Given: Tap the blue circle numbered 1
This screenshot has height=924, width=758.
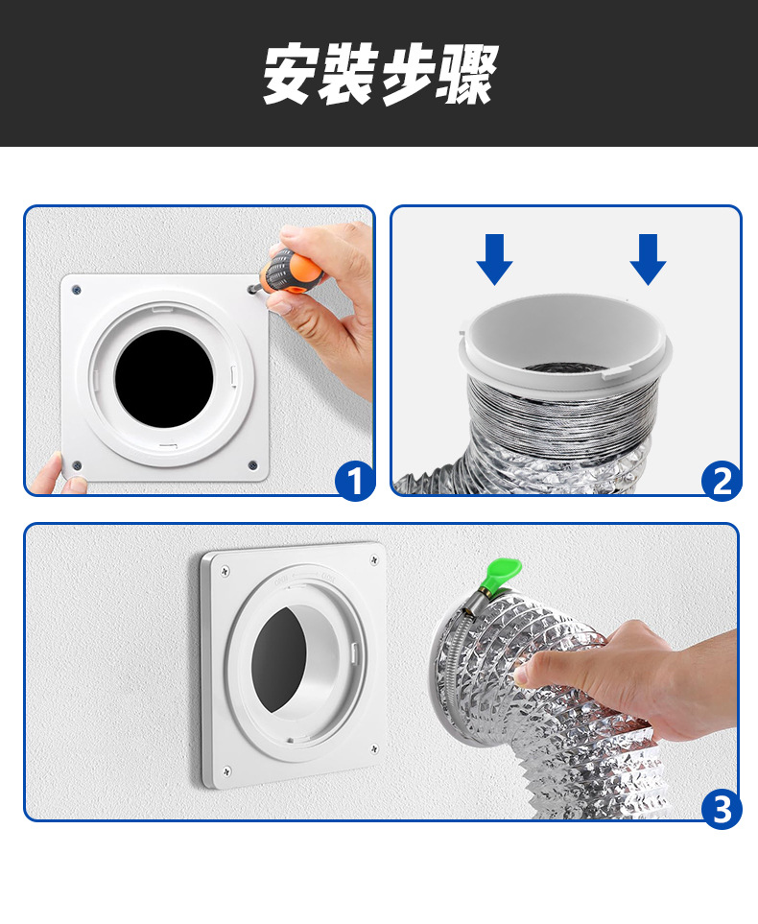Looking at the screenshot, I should point(355,480).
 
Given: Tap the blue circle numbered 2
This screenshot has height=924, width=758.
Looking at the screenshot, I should point(722,480).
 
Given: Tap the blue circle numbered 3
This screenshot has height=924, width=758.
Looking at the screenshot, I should point(721,809).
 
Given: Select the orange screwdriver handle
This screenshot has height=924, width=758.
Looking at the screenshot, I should point(293,271).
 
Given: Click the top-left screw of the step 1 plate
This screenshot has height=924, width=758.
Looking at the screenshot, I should point(77,290).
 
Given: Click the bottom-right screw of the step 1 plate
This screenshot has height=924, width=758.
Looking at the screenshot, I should point(252,465).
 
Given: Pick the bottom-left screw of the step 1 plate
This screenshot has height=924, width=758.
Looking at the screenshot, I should point(77,466).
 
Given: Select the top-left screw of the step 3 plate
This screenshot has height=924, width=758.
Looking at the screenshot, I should point(224,573).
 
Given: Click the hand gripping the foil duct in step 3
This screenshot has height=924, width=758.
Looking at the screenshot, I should point(614,672).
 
